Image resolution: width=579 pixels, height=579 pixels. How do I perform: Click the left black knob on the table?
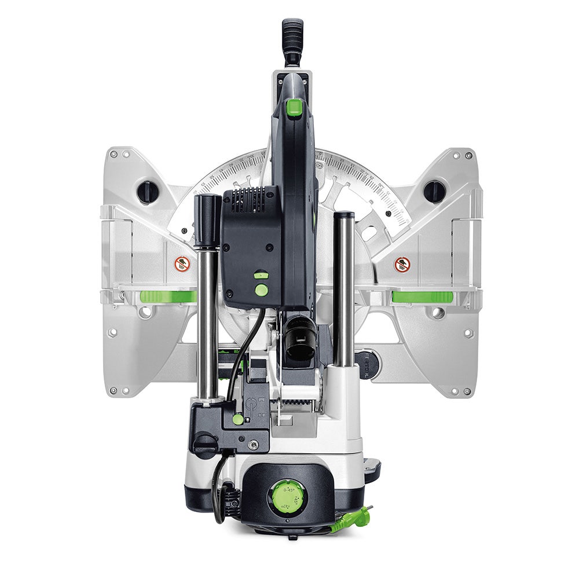(148, 191)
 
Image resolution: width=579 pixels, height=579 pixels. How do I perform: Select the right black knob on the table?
(434, 191)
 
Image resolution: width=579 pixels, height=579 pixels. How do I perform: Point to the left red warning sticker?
(182, 264)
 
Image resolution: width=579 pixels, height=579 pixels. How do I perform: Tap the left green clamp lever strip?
(168, 296)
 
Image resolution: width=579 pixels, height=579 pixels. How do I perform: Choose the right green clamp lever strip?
(422, 296)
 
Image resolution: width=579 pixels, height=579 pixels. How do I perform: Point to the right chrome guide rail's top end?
(344, 216)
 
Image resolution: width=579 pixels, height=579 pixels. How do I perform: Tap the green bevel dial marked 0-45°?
(287, 496)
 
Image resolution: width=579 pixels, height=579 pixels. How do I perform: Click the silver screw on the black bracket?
(253, 445)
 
